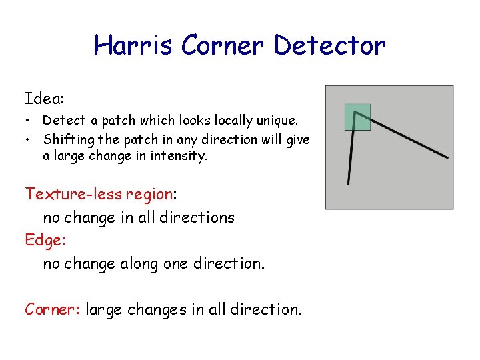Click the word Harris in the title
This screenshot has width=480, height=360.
click(133, 45)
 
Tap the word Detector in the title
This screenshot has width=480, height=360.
click(329, 45)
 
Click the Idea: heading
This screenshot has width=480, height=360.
click(44, 99)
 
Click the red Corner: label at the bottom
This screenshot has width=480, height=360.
click(52, 309)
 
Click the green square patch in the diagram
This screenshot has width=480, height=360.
click(357, 117)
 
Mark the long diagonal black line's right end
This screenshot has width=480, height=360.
click(446, 157)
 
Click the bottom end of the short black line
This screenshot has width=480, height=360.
click(348, 182)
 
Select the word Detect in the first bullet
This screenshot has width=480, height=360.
click(64, 121)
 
